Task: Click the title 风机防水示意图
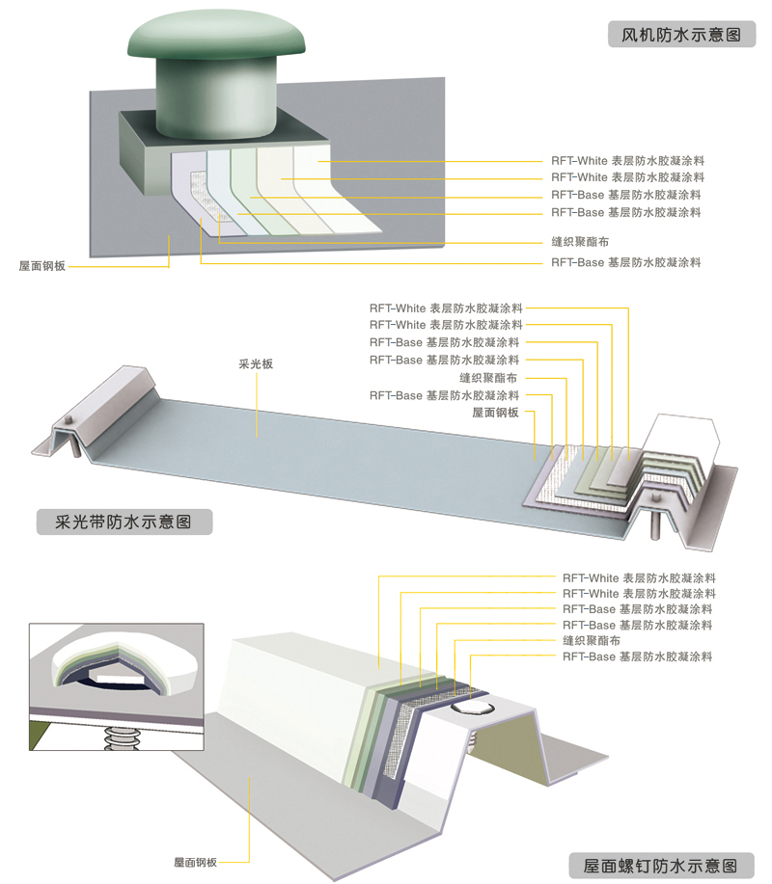(x=681, y=35)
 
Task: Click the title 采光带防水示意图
(x=123, y=522)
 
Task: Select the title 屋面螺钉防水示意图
(x=660, y=866)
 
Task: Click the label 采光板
(x=256, y=363)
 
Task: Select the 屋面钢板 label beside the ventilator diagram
(x=42, y=265)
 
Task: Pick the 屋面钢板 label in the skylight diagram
(x=495, y=413)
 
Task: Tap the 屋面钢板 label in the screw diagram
(x=195, y=862)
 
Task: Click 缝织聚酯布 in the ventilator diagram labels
(x=580, y=242)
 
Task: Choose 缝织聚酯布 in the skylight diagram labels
(x=488, y=378)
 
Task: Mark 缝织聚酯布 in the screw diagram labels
(x=592, y=640)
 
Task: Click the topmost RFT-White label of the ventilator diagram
(x=627, y=161)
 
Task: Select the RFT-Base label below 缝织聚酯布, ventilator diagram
(x=626, y=262)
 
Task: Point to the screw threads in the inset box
(x=121, y=737)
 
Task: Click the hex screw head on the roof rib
(x=473, y=709)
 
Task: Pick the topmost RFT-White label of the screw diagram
(x=639, y=577)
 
